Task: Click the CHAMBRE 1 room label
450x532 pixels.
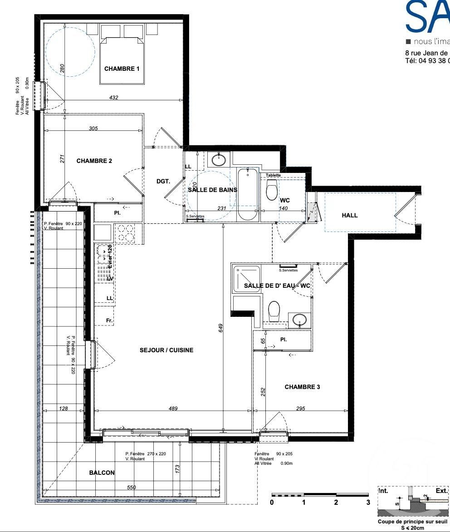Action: pos(122,69)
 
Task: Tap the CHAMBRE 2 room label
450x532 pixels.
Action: pos(94,161)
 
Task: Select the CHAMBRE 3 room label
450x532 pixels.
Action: pos(302,387)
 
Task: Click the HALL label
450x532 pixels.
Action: pos(349,215)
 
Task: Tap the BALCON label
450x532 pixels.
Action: pos(102,473)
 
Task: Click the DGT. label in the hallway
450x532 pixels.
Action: pos(163,181)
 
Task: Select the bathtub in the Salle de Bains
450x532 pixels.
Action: pos(248,194)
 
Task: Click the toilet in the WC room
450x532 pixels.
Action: pos(272,190)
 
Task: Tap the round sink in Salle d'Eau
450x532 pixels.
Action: pos(299,320)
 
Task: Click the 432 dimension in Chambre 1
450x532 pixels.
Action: pos(114,98)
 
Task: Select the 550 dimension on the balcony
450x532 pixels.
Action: pos(131,487)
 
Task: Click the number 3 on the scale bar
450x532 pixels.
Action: pos(368,502)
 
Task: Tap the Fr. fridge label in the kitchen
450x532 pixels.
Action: pos(109,320)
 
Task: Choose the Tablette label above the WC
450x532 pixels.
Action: pos(273,175)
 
